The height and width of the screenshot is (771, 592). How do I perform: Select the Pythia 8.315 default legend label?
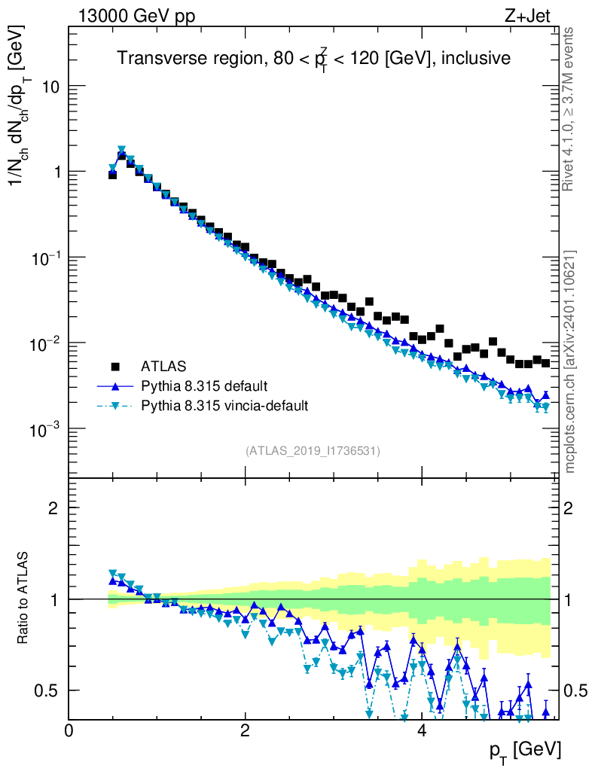tap(203, 386)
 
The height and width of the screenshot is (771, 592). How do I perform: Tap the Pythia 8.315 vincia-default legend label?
tap(224, 406)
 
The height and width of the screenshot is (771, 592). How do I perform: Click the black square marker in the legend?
tap(115, 367)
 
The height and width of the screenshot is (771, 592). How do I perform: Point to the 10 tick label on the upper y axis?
tap(50, 87)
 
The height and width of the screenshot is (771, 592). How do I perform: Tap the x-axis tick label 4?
tap(422, 730)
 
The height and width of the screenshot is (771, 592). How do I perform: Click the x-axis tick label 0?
tap(69, 730)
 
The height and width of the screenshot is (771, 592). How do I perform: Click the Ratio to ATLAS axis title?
tap(24, 599)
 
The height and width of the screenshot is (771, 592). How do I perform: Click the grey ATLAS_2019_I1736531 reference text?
tap(313, 451)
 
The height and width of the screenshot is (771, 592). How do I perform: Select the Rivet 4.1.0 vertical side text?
tap(570, 109)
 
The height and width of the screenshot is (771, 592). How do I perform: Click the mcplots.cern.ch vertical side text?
tap(570, 361)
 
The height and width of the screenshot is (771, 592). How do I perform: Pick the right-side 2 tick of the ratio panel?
tap(571, 507)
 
